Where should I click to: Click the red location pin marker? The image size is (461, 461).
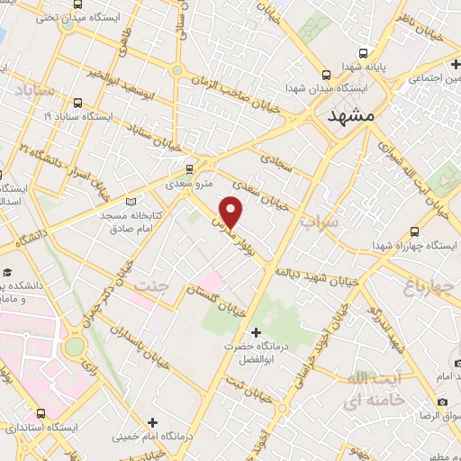coord(232,212)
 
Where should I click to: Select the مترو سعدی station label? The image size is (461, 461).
coord(192,184)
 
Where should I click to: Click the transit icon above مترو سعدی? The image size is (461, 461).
coord(189,168)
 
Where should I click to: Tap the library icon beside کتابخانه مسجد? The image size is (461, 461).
coord(134,202)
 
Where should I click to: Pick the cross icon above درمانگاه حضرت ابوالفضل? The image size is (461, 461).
coord(257,332)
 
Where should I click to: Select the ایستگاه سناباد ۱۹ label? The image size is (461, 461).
coord(77,117)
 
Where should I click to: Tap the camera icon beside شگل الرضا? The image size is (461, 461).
coord(442,401)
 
